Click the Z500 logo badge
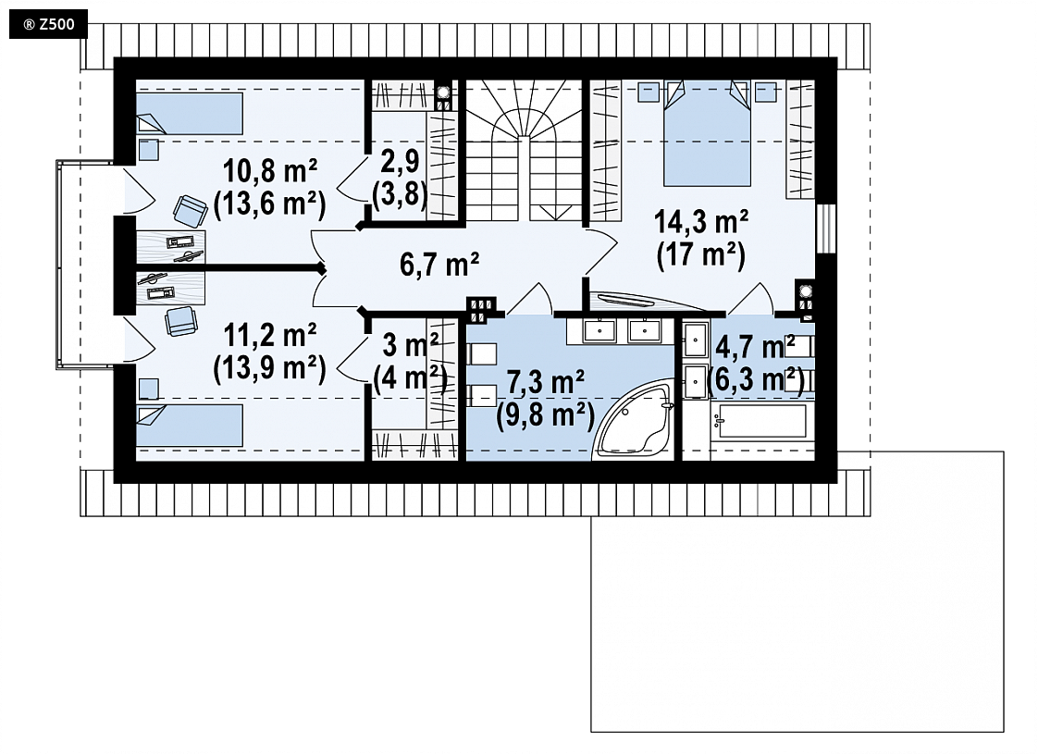click(48, 25)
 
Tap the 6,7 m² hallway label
click(439, 265)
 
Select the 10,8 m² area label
click(270, 171)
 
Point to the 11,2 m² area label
click(270, 336)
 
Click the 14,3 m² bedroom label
click(701, 222)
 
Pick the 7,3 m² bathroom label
click(546, 382)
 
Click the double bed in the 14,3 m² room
click(707, 133)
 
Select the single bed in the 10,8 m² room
click(190, 113)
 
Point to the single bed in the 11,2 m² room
click(190, 426)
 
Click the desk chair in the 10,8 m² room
click(190, 211)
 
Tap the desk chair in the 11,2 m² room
click(180, 322)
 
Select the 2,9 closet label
click(400, 161)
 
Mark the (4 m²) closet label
click(408, 378)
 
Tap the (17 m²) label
click(701, 254)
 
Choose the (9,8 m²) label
click(546, 415)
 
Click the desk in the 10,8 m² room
click(171, 247)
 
